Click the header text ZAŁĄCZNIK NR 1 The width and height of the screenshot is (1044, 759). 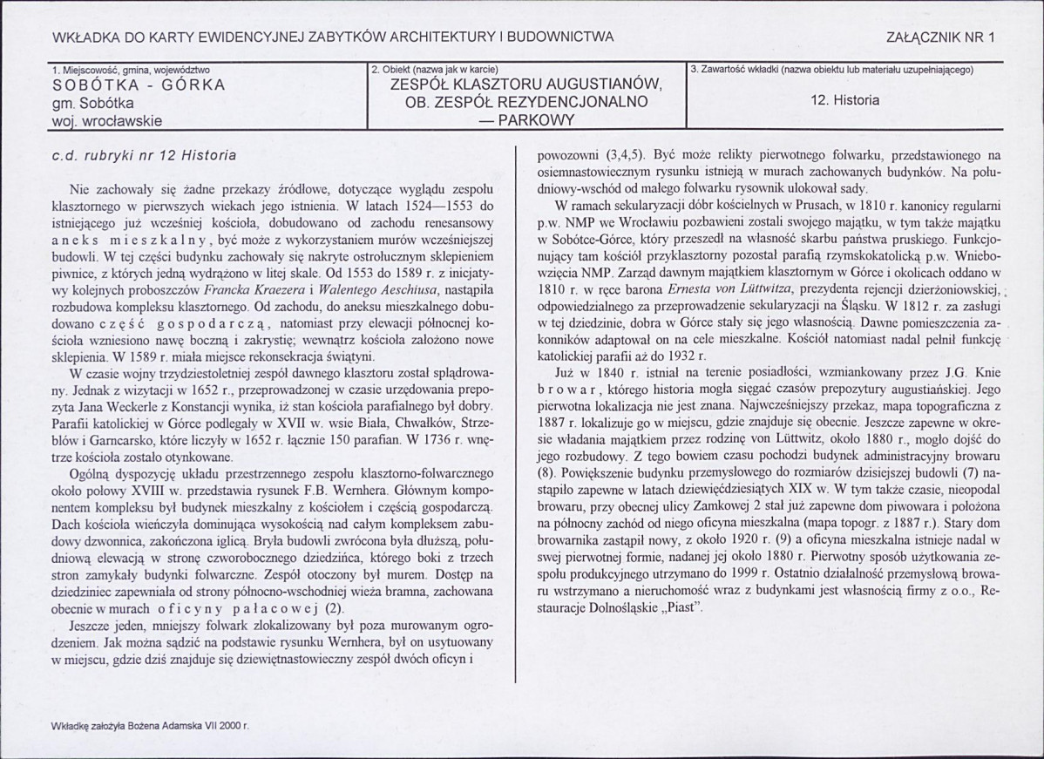pos(940,37)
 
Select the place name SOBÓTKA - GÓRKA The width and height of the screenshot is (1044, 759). pos(139,85)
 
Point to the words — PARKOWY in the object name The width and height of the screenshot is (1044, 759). pos(525,120)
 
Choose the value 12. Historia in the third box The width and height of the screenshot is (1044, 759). pos(844,100)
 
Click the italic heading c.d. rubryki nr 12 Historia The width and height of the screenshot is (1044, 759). pos(144,156)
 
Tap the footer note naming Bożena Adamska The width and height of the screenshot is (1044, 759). pos(150,725)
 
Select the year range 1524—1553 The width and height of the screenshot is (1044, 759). pos(432,206)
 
